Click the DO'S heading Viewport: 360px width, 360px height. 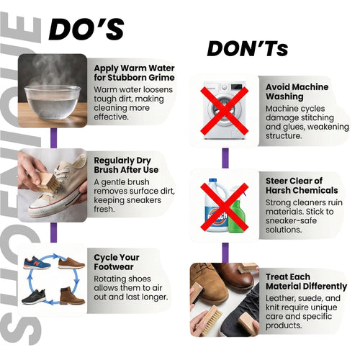(86, 30)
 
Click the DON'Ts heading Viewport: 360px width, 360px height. (248, 49)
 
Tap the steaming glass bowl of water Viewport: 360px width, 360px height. (53, 102)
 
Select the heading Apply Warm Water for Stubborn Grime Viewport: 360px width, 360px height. (134, 73)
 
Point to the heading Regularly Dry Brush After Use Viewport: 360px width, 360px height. (126, 165)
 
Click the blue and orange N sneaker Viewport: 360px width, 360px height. (37, 263)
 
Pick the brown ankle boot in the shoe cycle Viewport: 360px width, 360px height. (72, 296)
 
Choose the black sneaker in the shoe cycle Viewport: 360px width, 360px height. (34, 297)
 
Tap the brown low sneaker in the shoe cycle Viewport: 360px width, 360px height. (71, 263)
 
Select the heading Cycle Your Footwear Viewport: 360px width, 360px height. (117, 262)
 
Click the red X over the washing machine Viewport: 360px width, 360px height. (225, 111)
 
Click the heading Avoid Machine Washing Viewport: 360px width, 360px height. (297, 91)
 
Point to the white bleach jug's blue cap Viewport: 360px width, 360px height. (212, 181)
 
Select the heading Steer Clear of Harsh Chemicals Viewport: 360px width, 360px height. (302, 186)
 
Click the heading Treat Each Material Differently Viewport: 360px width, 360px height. (306, 282)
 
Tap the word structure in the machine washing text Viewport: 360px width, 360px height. (284, 136)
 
